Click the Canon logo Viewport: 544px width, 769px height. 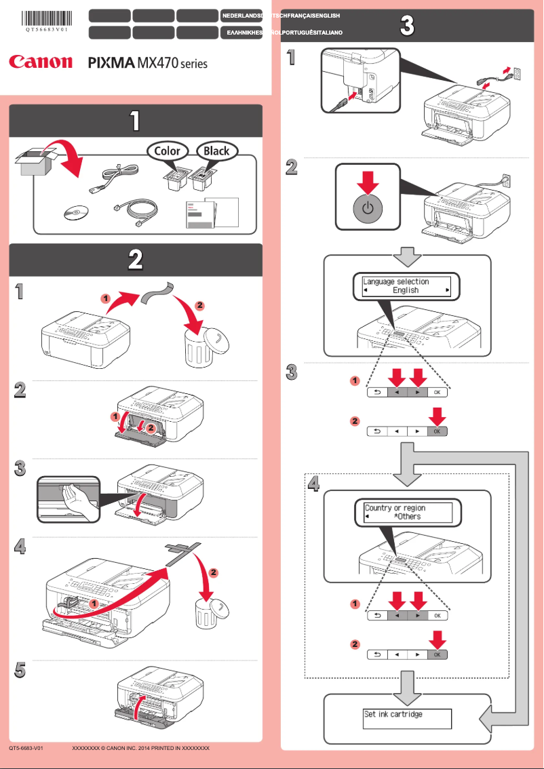[x=41, y=62]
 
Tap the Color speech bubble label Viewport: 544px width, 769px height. [x=167, y=151]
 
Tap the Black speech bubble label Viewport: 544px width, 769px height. [x=216, y=151]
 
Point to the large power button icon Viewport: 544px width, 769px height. [x=366, y=208]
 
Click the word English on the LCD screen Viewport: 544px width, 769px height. [x=406, y=290]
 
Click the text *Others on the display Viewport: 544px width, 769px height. [x=407, y=517]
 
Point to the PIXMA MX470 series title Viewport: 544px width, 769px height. [x=148, y=63]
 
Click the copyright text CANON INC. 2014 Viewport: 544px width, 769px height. [x=140, y=748]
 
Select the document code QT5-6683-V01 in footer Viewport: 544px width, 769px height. [x=26, y=748]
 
